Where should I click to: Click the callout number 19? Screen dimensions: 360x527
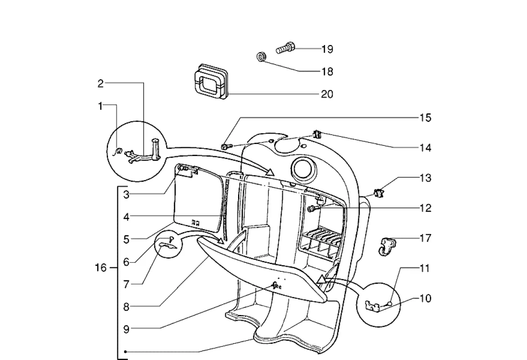(x=327, y=49)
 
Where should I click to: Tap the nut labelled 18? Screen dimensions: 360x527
(x=261, y=57)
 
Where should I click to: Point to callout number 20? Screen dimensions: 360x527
(x=327, y=94)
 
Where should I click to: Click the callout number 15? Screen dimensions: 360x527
(x=425, y=118)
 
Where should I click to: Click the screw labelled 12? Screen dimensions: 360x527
(x=311, y=209)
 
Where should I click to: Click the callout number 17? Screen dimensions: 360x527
(x=425, y=238)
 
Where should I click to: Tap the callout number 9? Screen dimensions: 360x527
(x=126, y=329)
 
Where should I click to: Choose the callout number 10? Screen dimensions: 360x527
(x=425, y=299)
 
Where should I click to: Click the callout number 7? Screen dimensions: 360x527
(x=126, y=284)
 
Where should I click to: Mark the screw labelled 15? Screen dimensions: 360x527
(x=225, y=146)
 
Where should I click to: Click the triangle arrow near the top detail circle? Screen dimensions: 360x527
(x=270, y=171)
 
